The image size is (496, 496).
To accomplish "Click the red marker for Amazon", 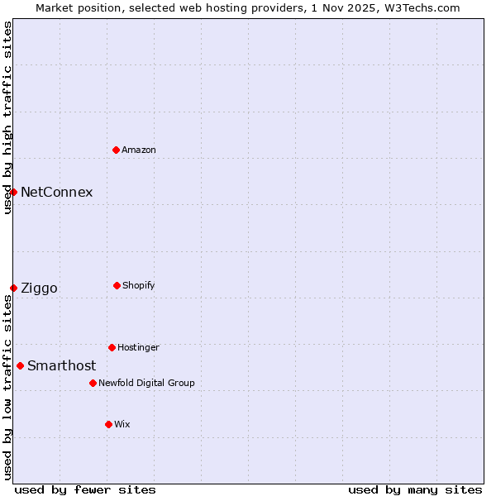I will click(x=116, y=150).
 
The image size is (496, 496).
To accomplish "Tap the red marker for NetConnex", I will click(x=13, y=192).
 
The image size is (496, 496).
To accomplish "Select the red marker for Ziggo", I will click(x=13, y=288).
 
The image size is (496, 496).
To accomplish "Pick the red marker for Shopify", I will click(x=117, y=285).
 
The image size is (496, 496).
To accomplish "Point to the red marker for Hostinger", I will click(x=112, y=347).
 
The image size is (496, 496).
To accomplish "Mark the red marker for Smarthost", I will click(x=20, y=365).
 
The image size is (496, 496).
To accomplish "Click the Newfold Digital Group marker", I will click(x=93, y=383).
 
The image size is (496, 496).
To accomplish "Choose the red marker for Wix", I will click(x=108, y=424).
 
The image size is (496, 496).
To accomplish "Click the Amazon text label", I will click(x=139, y=150).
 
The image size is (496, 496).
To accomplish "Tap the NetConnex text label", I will click(x=56, y=192).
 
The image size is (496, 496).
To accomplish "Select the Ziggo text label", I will click(x=39, y=288).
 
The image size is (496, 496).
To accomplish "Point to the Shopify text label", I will click(x=139, y=285).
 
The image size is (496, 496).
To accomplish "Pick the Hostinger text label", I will click(x=138, y=347).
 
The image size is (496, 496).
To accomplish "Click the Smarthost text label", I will click(x=61, y=365).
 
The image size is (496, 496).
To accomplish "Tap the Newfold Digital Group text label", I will click(x=146, y=383).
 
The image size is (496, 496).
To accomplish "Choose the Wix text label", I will click(x=122, y=424).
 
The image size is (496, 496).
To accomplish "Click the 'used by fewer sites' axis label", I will click(x=85, y=489).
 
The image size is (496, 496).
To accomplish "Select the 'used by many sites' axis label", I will click(x=415, y=489).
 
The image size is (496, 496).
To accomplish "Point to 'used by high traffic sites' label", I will click(x=7, y=117).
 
